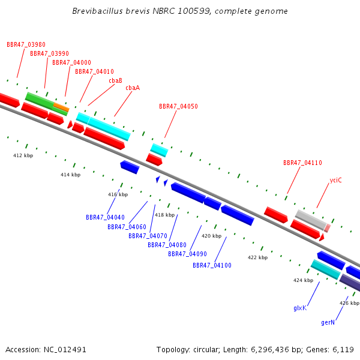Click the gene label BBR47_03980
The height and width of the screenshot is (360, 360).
[x=26, y=44]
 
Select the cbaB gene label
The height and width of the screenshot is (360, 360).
[x=115, y=80]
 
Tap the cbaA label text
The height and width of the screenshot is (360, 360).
[x=133, y=88]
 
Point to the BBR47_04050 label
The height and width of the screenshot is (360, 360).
[x=178, y=106]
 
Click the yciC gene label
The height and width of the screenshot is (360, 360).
[x=335, y=181]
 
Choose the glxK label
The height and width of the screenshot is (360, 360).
[x=300, y=308]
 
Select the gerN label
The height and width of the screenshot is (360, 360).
[x=328, y=323]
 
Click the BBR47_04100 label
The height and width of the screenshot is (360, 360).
[x=212, y=265]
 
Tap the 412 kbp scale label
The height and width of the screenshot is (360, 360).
[x=23, y=155]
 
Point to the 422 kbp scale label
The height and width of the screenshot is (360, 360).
[x=257, y=257]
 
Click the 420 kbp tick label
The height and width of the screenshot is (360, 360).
[x=211, y=236]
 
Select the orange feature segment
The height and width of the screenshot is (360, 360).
[x=61, y=107]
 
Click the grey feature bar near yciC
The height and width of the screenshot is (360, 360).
[x=311, y=220]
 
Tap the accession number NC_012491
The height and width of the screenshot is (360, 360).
[x=65, y=350]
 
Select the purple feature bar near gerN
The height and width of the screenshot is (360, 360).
[x=350, y=283]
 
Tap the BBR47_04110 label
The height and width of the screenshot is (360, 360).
[x=302, y=163]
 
